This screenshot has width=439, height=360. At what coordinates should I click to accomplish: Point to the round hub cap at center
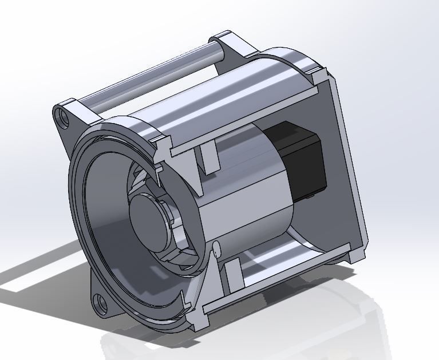[x=148, y=216]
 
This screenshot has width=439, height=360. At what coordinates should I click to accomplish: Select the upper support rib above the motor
[x=208, y=157]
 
